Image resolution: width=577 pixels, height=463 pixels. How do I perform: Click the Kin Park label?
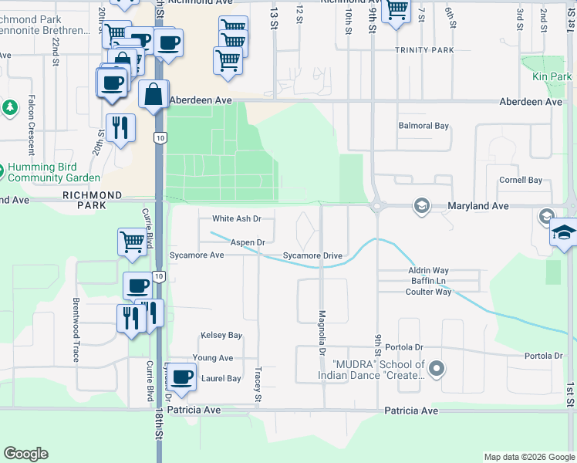(x=552, y=77)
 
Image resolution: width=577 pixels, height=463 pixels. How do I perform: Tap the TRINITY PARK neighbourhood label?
(x=423, y=50)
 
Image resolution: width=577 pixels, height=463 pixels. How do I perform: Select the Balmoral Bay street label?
(x=423, y=126)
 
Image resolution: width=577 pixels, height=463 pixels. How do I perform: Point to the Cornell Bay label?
(x=521, y=181)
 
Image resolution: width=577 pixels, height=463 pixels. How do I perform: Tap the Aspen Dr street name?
(x=248, y=242)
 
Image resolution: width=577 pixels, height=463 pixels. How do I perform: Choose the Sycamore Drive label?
(x=312, y=255)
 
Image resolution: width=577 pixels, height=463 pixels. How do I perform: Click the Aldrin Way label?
(x=428, y=271)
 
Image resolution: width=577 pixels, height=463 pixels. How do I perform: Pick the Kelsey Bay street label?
(x=221, y=336)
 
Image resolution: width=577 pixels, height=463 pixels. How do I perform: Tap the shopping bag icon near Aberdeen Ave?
(x=154, y=94)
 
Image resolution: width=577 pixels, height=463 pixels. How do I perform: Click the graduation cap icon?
(x=564, y=233)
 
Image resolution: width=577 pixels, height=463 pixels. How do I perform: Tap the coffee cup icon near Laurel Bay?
(x=182, y=377)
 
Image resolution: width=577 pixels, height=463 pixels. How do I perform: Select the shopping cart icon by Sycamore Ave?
(x=133, y=242)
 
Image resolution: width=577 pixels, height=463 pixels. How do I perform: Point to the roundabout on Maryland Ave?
(x=378, y=206)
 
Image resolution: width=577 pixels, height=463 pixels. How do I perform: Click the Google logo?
(x=26, y=454)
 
